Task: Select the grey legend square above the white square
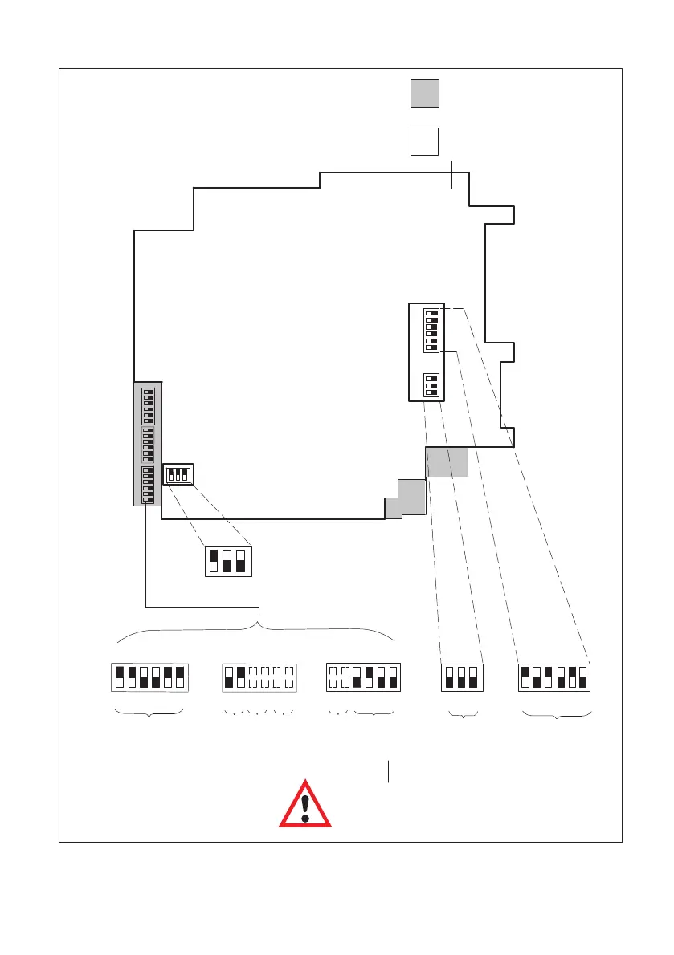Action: tap(425, 93)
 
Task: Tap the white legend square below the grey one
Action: tap(425, 141)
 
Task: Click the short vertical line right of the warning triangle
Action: tap(389, 770)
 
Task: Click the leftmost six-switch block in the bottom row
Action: tap(149, 677)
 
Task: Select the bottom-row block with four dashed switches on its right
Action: tap(259, 677)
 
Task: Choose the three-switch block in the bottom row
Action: tap(461, 677)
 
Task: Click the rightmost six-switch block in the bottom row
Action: tap(555, 677)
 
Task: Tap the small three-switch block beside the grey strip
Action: tap(177, 474)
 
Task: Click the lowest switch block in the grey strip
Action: tap(148, 484)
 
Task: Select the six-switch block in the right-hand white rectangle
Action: tap(431, 330)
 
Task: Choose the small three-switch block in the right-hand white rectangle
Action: tap(431, 385)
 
